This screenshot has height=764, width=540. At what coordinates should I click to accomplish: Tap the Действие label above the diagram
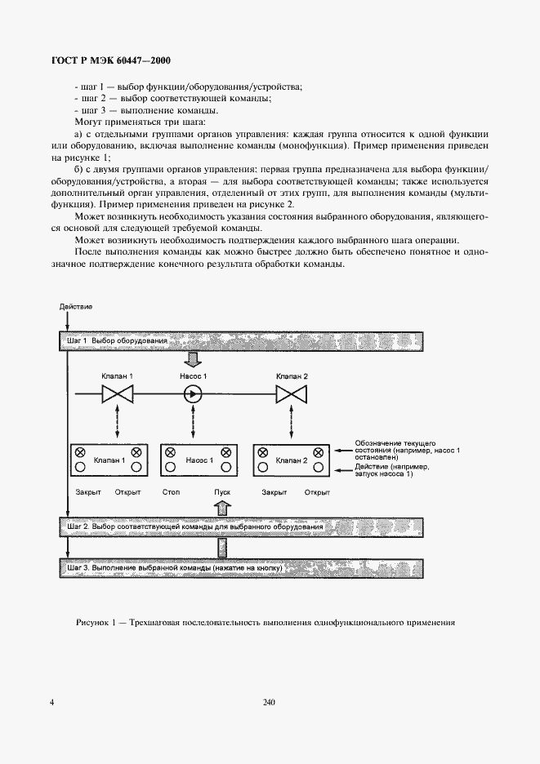tap(76, 306)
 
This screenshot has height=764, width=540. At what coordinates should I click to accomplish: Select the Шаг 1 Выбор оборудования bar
tap(240, 340)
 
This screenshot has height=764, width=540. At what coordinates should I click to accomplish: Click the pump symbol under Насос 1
tap(194, 395)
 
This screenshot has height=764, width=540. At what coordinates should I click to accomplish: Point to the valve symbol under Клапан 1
tap(117, 395)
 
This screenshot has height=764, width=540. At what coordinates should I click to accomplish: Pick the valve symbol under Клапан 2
tap(291, 395)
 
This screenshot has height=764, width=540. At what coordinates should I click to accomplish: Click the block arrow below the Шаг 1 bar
tap(194, 358)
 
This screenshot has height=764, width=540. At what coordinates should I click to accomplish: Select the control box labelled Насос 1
tap(199, 460)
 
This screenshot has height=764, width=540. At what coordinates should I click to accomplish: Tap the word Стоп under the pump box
tap(172, 493)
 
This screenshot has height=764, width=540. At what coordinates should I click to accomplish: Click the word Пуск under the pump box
tap(223, 493)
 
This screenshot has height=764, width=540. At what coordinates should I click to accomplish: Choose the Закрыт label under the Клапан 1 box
tap(87, 493)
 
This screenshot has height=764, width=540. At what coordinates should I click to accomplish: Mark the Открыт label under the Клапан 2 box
tap(316, 493)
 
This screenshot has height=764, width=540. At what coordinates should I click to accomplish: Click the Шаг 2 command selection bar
tap(240, 527)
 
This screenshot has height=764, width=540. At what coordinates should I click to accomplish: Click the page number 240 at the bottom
tap(270, 702)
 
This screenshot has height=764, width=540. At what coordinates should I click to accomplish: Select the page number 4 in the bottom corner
tap(51, 702)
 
